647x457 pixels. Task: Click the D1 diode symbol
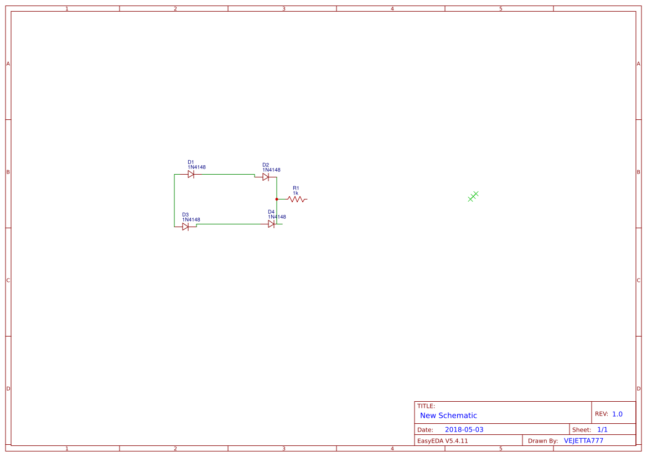coord(191,174)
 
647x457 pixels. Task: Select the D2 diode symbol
coord(266,177)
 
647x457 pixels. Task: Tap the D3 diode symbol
coord(185,227)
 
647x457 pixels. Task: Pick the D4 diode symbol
coord(271,224)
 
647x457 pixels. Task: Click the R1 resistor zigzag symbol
coord(297,199)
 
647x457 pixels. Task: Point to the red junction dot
coord(276,199)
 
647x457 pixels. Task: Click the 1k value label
coord(296,193)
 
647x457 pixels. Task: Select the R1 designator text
coord(296,188)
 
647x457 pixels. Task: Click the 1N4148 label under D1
coord(196,167)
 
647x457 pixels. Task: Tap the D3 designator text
coord(185,214)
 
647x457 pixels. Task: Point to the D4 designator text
coord(271,212)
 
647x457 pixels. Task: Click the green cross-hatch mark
coord(473,196)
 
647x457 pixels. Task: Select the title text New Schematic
coord(448,416)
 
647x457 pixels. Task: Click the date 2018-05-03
coord(464,429)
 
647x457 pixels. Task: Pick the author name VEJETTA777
coord(583,441)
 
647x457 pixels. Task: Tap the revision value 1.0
coord(617,414)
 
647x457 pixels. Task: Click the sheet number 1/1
coord(602,429)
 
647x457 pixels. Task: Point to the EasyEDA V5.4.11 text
coord(442,441)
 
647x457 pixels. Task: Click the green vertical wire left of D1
coord(174,200)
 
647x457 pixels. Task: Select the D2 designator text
coord(266,165)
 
